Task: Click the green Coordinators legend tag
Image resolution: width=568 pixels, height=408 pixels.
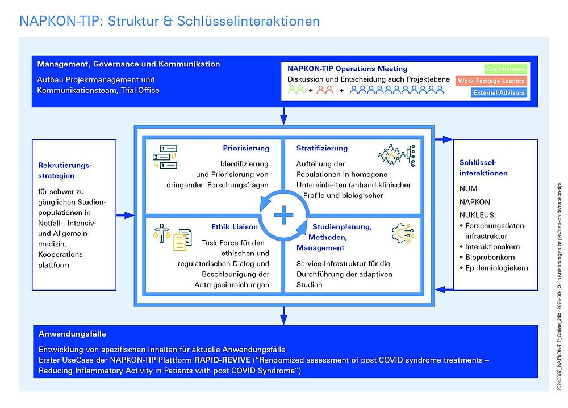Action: click(506, 69)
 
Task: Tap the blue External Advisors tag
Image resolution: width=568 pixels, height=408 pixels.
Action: click(499, 92)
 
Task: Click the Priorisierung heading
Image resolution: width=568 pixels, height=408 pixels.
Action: click(246, 149)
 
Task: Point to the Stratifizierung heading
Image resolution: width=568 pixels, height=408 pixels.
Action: click(321, 149)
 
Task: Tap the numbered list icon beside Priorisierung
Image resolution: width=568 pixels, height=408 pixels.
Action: click(165, 157)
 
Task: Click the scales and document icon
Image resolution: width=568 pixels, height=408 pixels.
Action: click(173, 237)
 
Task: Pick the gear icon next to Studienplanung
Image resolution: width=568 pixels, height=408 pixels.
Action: click(403, 234)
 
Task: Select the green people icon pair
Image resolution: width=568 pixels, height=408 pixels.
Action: click(296, 90)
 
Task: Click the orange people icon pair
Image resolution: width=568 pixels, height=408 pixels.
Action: click(325, 90)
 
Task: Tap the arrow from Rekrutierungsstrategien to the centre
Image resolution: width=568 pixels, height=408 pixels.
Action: click(126, 216)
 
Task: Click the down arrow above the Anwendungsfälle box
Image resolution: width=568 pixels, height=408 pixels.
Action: click(282, 316)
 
